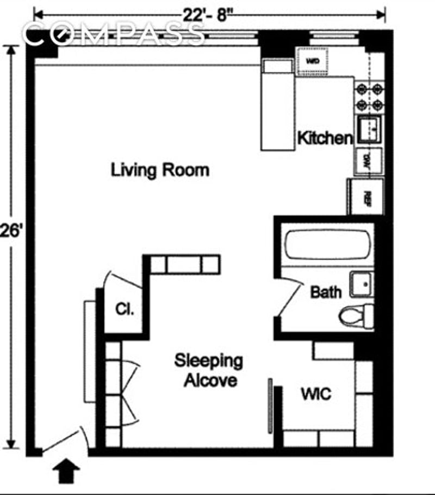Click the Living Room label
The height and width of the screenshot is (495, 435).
point(160,170)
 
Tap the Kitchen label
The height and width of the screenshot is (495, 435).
point(325,138)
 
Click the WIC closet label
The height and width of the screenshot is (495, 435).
point(316,394)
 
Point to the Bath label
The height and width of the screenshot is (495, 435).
point(326,292)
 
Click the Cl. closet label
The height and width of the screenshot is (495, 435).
point(125,310)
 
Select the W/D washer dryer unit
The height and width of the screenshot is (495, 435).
point(313,61)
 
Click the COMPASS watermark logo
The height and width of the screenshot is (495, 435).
point(114,36)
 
